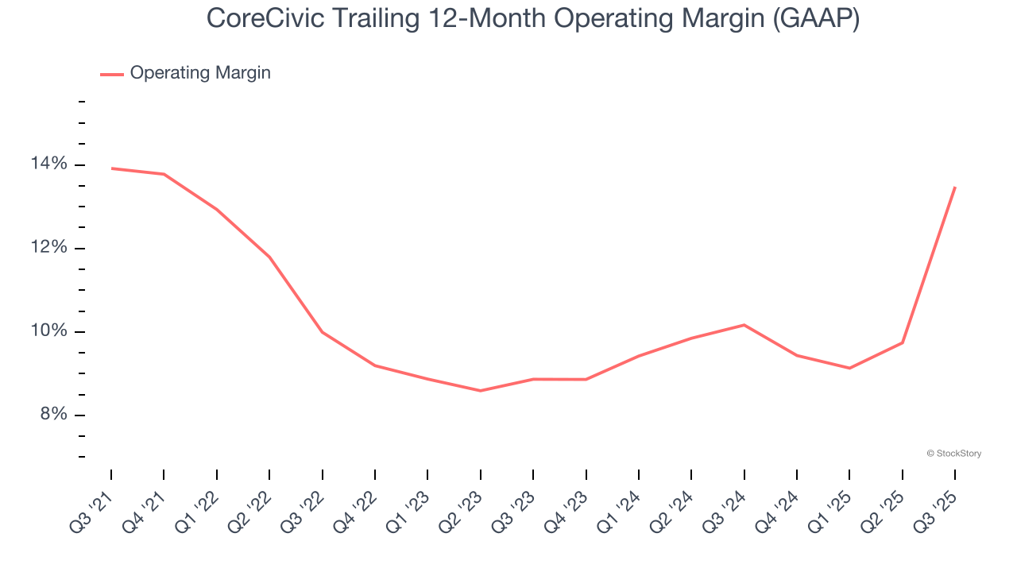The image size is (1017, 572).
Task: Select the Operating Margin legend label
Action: click(200, 73)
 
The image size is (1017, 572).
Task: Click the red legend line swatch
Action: click(112, 74)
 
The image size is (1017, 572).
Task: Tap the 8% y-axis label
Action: click(54, 415)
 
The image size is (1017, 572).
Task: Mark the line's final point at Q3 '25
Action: click(954, 187)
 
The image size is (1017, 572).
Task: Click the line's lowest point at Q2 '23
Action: click(480, 391)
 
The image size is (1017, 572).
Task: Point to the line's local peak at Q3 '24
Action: click(744, 325)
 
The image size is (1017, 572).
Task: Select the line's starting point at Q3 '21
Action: click(111, 168)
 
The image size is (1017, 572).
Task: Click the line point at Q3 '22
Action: click(322, 332)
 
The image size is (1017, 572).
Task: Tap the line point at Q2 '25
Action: click(902, 343)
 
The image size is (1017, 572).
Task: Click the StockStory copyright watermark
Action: click(953, 454)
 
